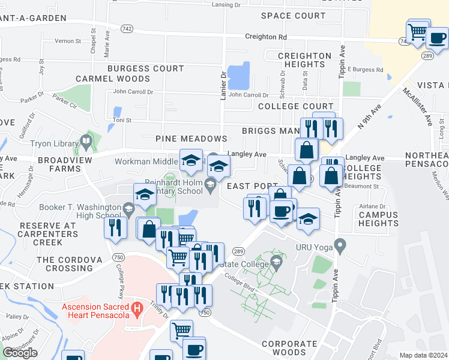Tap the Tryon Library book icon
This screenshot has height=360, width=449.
click(86, 143)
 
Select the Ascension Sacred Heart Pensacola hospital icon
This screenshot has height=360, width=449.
click(137, 310)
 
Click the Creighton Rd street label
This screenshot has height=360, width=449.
click(265, 37)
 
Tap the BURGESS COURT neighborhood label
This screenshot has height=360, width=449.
click(145, 69)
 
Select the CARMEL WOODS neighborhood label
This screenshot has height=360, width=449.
click(113, 79)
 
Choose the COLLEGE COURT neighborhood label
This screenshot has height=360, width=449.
click(295, 106)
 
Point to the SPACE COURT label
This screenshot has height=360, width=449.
click(293, 16)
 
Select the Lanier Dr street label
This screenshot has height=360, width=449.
click(223, 86)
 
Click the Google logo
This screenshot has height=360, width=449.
click(20, 353)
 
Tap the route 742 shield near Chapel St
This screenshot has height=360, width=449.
click(126, 29)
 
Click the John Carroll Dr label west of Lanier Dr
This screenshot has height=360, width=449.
click(133, 92)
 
